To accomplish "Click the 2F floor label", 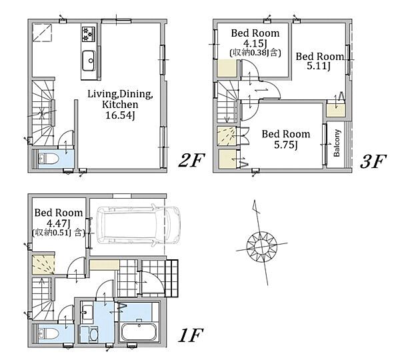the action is (x=191, y=161).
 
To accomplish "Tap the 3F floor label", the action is (x=373, y=161).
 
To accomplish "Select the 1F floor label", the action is (x=190, y=335).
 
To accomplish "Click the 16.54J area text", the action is (x=120, y=115).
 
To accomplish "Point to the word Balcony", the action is (x=337, y=143).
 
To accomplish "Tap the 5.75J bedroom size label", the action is (x=286, y=145).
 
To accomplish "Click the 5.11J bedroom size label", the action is (x=319, y=67).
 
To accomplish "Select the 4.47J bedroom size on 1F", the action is (x=59, y=223).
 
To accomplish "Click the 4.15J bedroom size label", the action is (x=255, y=43).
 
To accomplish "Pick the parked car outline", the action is (x=138, y=225).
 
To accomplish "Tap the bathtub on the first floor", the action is (x=139, y=331).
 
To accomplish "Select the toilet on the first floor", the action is (x=49, y=333).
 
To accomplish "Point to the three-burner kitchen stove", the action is (x=88, y=34).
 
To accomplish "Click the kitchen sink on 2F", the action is (x=89, y=61).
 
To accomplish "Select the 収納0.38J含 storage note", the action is (x=255, y=53).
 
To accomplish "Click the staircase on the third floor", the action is (x=228, y=102).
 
